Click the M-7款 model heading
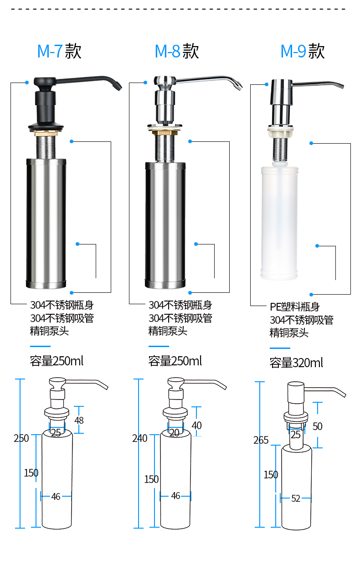pos(59,51)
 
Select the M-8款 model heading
pos(177,51)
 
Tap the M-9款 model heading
pos(303,51)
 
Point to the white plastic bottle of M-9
pos(279,223)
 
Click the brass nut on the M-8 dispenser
pos(165,133)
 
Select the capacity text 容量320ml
pos(296,363)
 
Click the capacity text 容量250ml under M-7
pos(57,361)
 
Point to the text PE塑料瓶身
pos(295,307)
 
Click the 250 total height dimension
pos(21,438)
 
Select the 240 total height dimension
pos(139,438)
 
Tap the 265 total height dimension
pos(261,440)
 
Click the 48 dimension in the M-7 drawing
pos(79,420)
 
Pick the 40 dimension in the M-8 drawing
pos(197,425)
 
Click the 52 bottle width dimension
pos(296,499)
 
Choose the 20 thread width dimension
pos(174,433)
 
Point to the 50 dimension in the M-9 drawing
pos(318,426)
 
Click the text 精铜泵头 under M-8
pos(168,331)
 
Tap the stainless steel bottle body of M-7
pos(46,223)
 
